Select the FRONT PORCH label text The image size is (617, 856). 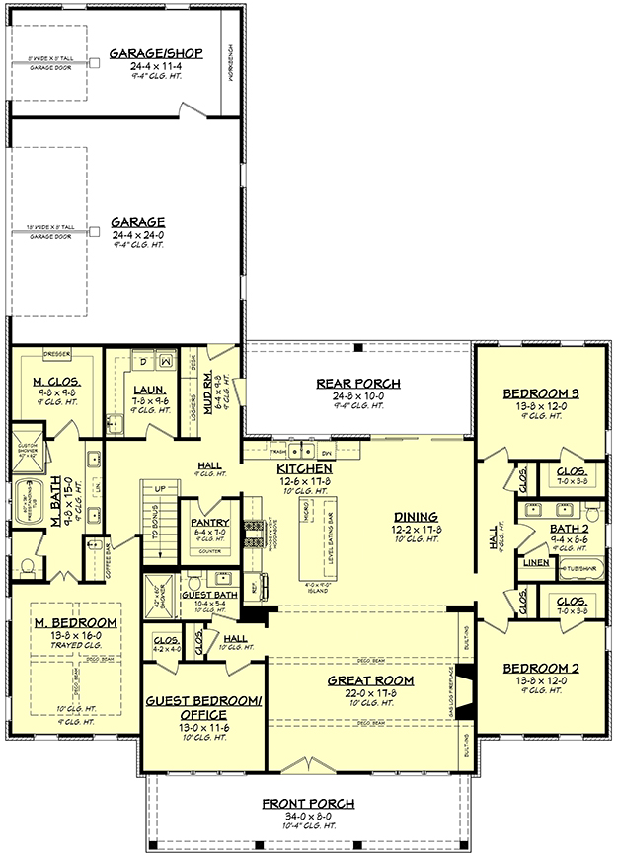(308, 804)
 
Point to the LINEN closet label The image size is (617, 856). (535, 563)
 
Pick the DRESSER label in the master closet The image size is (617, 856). (55, 351)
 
